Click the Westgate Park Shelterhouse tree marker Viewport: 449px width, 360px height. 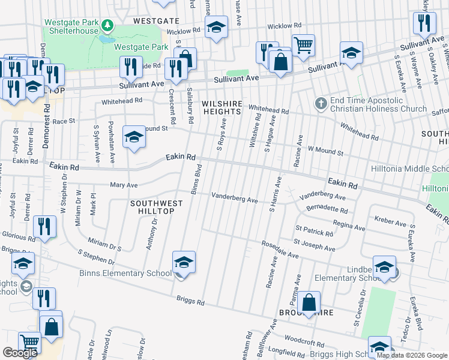(x=107, y=25)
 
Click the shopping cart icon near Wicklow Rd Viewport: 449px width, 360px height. (x=304, y=44)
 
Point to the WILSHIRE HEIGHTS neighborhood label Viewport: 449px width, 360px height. (x=221, y=107)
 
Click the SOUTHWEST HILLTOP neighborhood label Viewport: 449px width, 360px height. (x=152, y=207)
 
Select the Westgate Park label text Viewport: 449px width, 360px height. (x=140, y=46)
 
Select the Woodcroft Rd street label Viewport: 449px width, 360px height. (x=304, y=340)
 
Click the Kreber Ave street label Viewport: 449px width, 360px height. (x=390, y=223)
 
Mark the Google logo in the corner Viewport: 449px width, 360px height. (x=20, y=353)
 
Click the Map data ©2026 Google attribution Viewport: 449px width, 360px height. (x=412, y=355)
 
